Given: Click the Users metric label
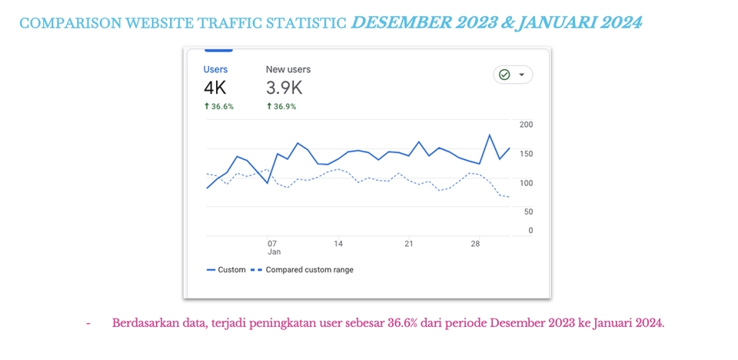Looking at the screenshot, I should [215, 69].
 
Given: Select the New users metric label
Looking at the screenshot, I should [288, 69].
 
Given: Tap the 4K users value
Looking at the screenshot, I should [215, 88].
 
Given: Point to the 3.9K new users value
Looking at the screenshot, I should [284, 88].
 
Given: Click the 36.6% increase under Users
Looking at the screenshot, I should [219, 107].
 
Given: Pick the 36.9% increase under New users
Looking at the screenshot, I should [281, 107].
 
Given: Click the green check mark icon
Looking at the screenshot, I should [504, 75].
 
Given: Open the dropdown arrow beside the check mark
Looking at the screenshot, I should [522, 75].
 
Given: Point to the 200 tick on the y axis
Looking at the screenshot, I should [527, 125].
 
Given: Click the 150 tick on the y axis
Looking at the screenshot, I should [527, 154].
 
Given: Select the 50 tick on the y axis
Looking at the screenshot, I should [529, 212].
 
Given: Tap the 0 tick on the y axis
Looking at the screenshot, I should [530, 230].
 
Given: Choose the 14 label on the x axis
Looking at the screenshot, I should [338, 244].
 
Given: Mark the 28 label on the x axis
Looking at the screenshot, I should [475, 244].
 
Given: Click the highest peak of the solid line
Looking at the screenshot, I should [490, 135].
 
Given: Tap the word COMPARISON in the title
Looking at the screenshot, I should [64, 24].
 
